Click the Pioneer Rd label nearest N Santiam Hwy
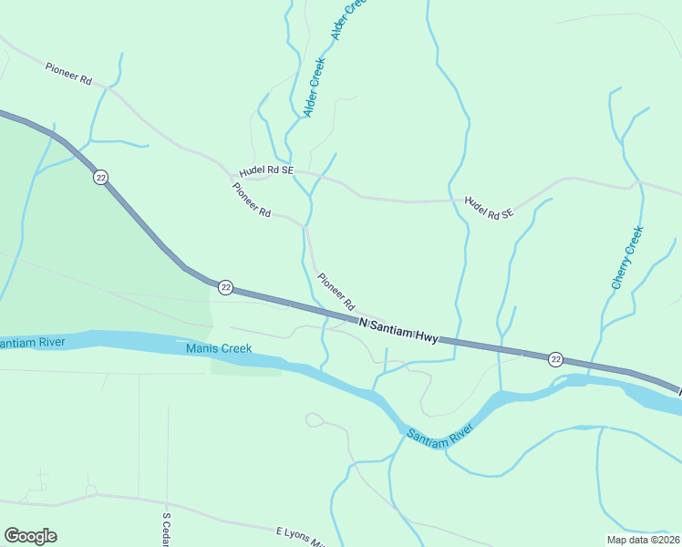(335, 290)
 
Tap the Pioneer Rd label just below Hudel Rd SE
(252, 200)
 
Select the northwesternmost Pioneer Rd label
(68, 73)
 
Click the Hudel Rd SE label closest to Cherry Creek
(489, 208)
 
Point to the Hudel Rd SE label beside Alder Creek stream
(267, 170)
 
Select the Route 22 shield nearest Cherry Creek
(556, 359)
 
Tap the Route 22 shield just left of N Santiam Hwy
(226, 288)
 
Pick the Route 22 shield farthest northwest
(100, 177)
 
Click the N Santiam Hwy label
(398, 330)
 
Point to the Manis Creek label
(219, 348)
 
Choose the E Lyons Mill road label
(299, 536)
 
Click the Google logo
(30, 536)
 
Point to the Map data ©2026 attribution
(642, 540)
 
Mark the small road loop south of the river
(315, 419)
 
